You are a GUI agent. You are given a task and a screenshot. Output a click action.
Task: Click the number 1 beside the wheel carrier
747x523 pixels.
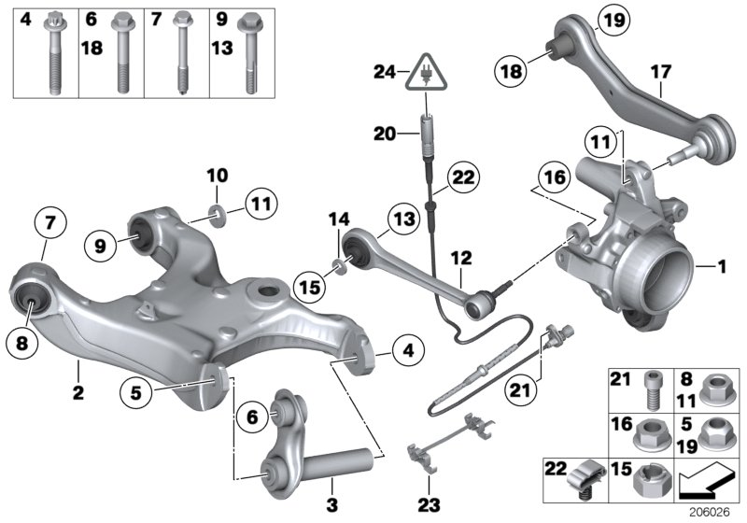pos(720,267)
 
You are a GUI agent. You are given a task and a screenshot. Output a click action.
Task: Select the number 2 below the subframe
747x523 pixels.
pos(78,393)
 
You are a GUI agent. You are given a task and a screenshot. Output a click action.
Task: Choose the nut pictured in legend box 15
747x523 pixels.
pos(647,480)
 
